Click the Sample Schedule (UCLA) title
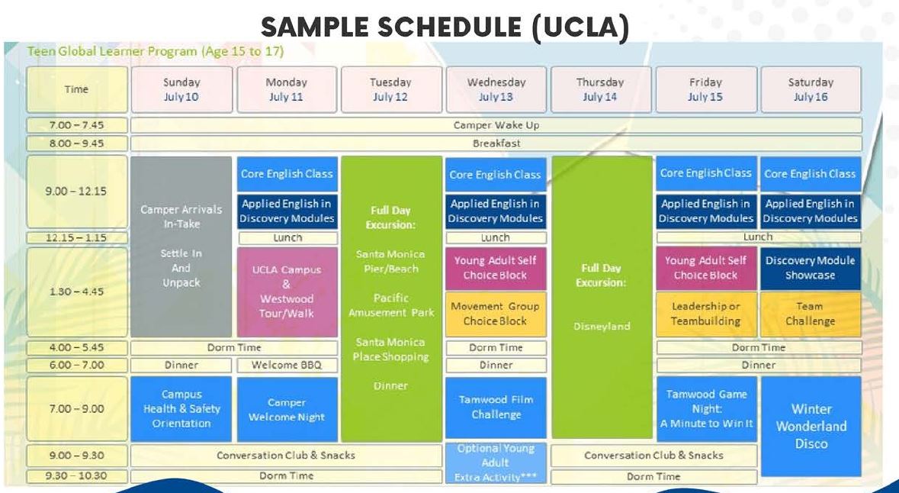pyautogui.click(x=445, y=28)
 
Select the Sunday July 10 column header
pyautogui.click(x=181, y=89)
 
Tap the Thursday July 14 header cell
pyautogui.click(x=600, y=89)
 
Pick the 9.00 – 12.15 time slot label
pyautogui.click(x=76, y=192)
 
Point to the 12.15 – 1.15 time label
pyautogui.click(x=76, y=237)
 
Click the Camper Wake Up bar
pyautogui.click(x=496, y=125)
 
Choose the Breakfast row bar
pyautogui.click(x=496, y=143)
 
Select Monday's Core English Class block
pyautogui.click(x=287, y=174)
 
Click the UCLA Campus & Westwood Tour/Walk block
pyautogui.click(x=287, y=292)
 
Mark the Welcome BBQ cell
pyautogui.click(x=287, y=365)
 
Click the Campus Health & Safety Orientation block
pyautogui.click(x=181, y=408)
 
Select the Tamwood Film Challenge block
pyautogui.click(x=496, y=407)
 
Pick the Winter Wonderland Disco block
pyautogui.click(x=811, y=426)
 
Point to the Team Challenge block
pyautogui.click(x=810, y=314)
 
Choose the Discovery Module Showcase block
pyautogui.click(x=810, y=268)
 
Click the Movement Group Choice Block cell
pyautogui.click(x=496, y=314)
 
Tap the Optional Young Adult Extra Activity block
pyautogui.click(x=496, y=462)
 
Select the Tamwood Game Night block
pyautogui.click(x=707, y=408)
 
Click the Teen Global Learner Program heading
pyautogui.click(x=156, y=52)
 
